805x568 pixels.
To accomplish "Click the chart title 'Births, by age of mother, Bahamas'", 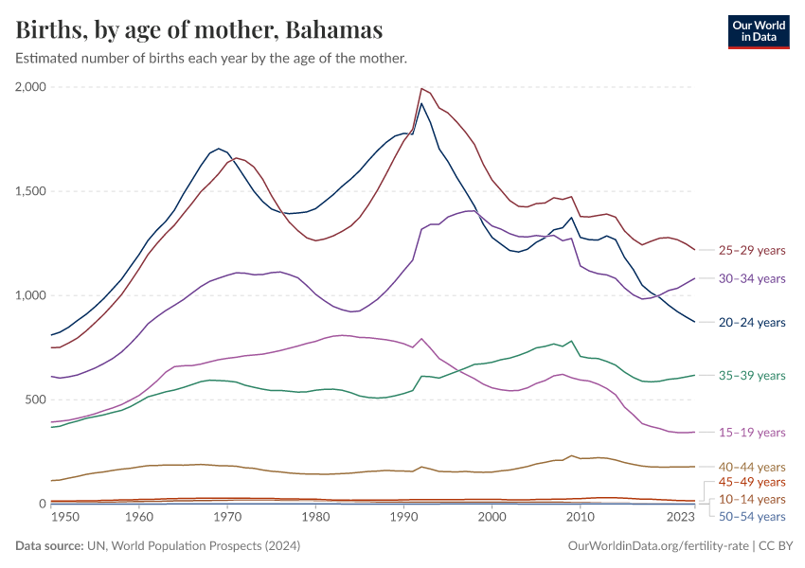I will (200, 30).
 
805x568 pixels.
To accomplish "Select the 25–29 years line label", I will (752, 251).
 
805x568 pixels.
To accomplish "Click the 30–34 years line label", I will (752, 278).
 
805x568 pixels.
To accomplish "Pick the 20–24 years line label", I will (752, 323).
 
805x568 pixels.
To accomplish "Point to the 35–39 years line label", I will (752, 375).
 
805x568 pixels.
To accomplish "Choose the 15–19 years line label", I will (752, 432).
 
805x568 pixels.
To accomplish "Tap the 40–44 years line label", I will (752, 467).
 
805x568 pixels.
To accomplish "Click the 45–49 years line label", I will (752, 483).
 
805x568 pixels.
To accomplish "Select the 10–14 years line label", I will (752, 499).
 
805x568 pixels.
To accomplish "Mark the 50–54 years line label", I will (752, 516).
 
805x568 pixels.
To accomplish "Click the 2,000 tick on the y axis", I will (29, 87).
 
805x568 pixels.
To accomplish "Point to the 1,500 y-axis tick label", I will (29, 191).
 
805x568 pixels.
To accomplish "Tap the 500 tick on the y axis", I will (35, 399).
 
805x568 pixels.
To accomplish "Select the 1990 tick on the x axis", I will (404, 518).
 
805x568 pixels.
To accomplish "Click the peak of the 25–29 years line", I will (421, 88).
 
